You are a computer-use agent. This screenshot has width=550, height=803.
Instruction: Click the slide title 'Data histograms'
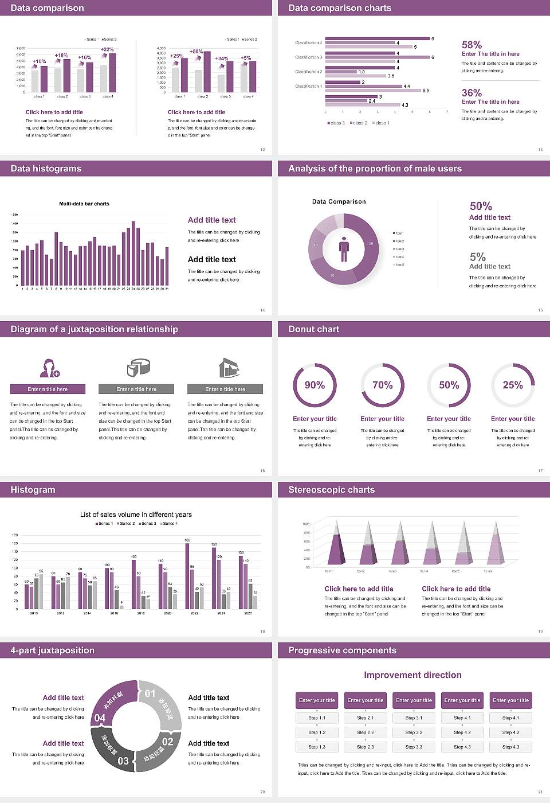coord(46,169)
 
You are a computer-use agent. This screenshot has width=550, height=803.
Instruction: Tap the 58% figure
coord(472,45)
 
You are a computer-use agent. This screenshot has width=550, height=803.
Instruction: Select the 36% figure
coord(472,93)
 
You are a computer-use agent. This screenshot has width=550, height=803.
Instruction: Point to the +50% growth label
coord(196,52)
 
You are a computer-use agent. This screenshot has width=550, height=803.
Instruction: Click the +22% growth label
coord(107,49)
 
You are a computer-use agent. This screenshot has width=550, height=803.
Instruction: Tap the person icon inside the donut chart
coord(344,248)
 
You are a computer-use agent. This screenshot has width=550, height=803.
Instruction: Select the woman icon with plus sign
coord(49,368)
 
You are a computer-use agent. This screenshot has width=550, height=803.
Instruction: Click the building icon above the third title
coord(229,368)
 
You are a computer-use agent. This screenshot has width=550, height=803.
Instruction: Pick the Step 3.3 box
coord(414,747)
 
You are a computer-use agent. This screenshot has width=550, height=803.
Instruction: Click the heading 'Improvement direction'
coord(412,675)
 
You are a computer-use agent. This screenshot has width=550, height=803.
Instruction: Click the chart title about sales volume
coord(136,514)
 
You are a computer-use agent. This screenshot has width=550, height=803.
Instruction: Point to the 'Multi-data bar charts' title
coord(84,204)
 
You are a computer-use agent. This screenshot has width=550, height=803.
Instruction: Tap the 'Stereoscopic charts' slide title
coord(331,490)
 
